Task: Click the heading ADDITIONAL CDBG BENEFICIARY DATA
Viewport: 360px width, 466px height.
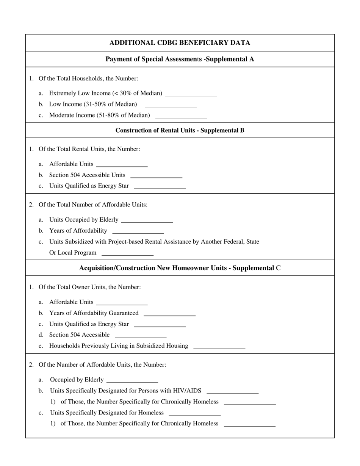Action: pos(180,43)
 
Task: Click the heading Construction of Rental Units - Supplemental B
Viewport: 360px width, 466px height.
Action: pos(180,130)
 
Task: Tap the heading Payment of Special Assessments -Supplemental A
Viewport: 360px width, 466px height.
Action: pos(180,59)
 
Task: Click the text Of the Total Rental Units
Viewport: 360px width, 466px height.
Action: pos(89,149)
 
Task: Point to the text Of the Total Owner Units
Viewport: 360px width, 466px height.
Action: pos(90,287)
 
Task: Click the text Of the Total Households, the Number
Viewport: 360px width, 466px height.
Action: pos(88,78)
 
